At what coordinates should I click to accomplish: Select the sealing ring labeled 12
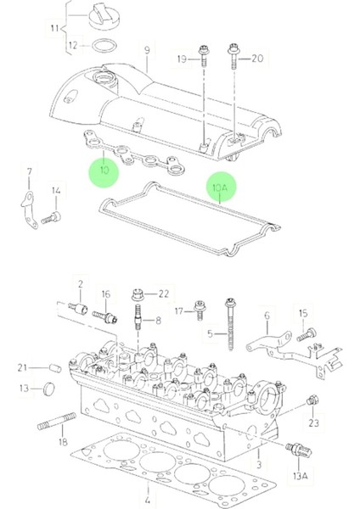point(104,45)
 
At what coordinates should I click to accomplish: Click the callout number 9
point(147,51)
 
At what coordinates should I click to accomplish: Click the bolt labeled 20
point(230,59)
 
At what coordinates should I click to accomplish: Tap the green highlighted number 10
point(104,170)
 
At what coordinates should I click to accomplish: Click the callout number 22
point(164,294)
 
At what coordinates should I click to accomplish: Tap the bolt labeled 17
point(202,310)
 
